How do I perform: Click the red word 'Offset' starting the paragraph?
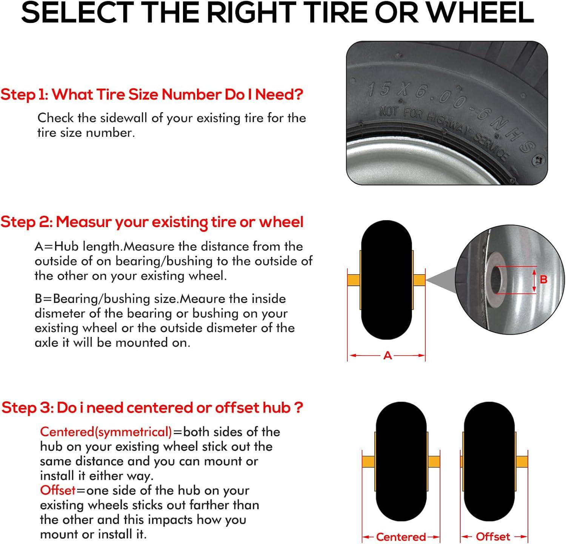58,490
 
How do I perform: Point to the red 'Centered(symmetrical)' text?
106,432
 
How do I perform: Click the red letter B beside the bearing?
543,280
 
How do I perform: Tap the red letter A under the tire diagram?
388,355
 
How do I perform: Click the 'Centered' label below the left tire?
401,537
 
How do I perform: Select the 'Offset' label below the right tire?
493,536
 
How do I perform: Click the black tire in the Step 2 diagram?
386,280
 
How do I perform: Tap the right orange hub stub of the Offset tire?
521,462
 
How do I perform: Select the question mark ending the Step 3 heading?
298,408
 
